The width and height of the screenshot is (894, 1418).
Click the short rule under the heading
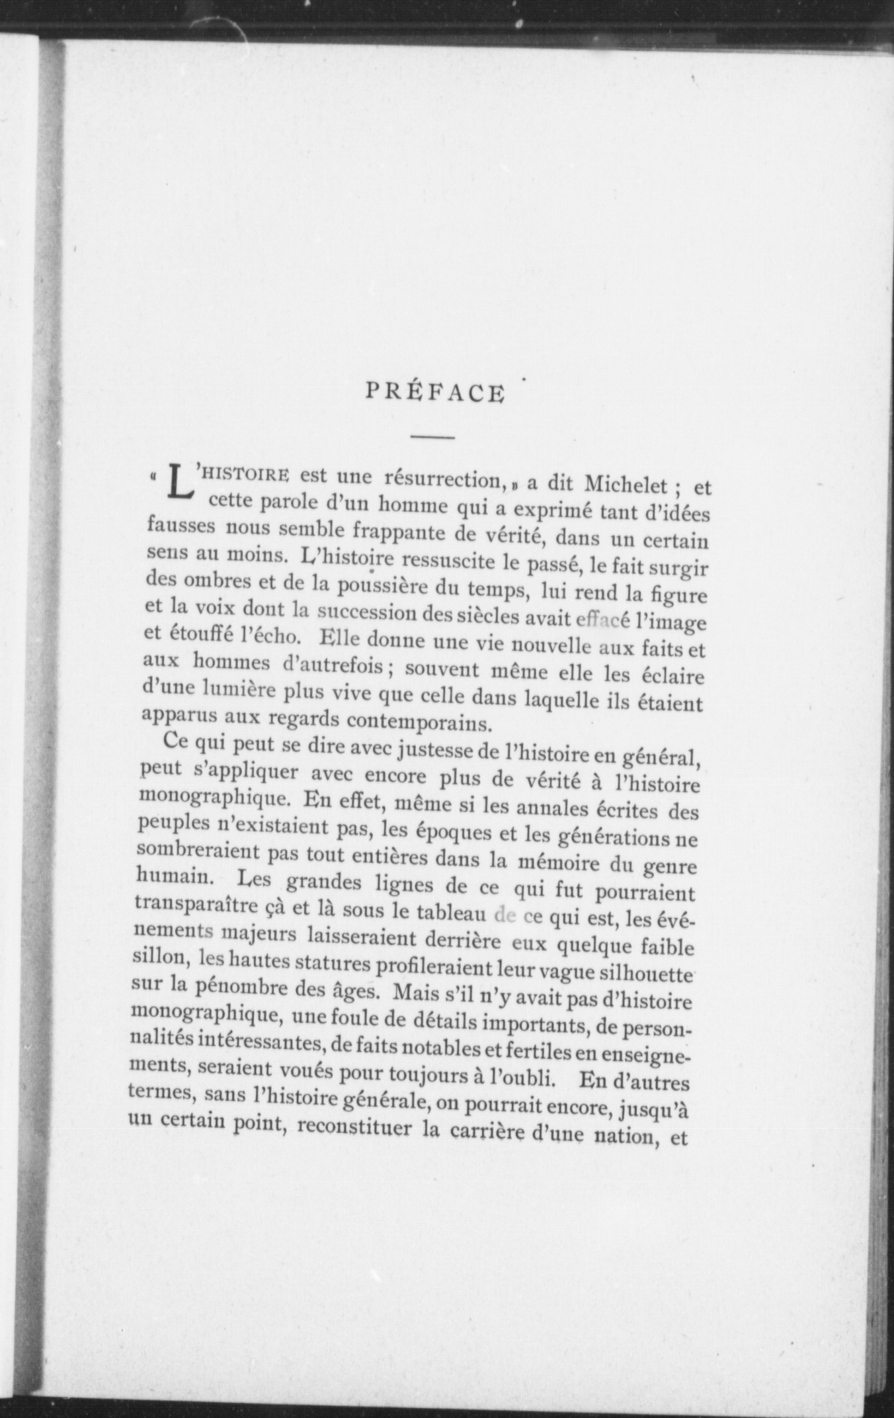click(x=432, y=437)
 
